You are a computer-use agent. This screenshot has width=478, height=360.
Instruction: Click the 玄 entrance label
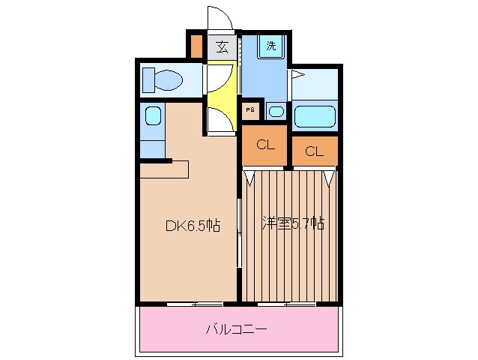pyautogui.click(x=222, y=46)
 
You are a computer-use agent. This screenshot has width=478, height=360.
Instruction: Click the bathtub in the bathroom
pyautogui.click(x=315, y=116)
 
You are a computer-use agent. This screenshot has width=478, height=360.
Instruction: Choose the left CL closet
pyautogui.click(x=264, y=145)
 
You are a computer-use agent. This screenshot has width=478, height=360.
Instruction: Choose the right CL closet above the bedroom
pyautogui.click(x=314, y=151)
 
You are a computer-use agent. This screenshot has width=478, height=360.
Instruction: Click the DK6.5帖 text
pyautogui.click(x=192, y=224)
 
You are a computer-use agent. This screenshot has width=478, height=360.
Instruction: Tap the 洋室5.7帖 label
pyautogui.click(x=292, y=223)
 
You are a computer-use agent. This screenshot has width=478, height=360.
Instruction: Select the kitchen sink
pyautogui.click(x=152, y=115)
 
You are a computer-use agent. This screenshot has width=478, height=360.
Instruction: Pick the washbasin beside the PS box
pyautogui.click(x=276, y=112)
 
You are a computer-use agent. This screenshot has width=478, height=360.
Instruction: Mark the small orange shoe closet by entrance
pyautogui.click(x=196, y=46)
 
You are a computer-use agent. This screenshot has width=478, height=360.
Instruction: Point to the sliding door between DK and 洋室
pyautogui.click(x=239, y=232)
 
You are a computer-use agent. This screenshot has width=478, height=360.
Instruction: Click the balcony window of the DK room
pyautogui.click(x=195, y=304)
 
